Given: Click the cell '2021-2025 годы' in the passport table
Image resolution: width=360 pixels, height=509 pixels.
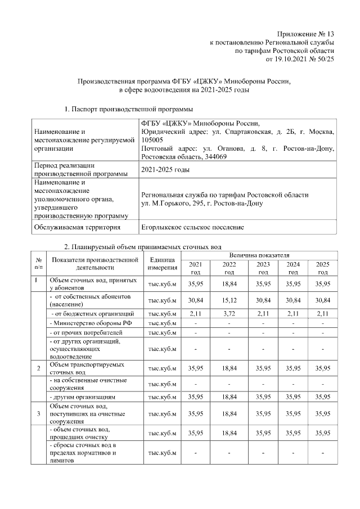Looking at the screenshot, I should (x=165, y=169).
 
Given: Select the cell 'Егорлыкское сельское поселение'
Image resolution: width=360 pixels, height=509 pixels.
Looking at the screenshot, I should (x=192, y=227).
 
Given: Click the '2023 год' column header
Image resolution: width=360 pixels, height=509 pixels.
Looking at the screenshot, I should (x=263, y=268).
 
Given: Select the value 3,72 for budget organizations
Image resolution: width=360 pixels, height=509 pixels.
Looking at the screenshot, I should (x=229, y=313).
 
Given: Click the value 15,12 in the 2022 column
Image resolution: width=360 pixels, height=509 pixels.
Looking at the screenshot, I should (x=229, y=300).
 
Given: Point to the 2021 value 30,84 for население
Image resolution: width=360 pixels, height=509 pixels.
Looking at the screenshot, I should (x=195, y=300).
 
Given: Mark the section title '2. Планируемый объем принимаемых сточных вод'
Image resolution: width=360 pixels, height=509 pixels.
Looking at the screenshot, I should (x=143, y=246).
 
